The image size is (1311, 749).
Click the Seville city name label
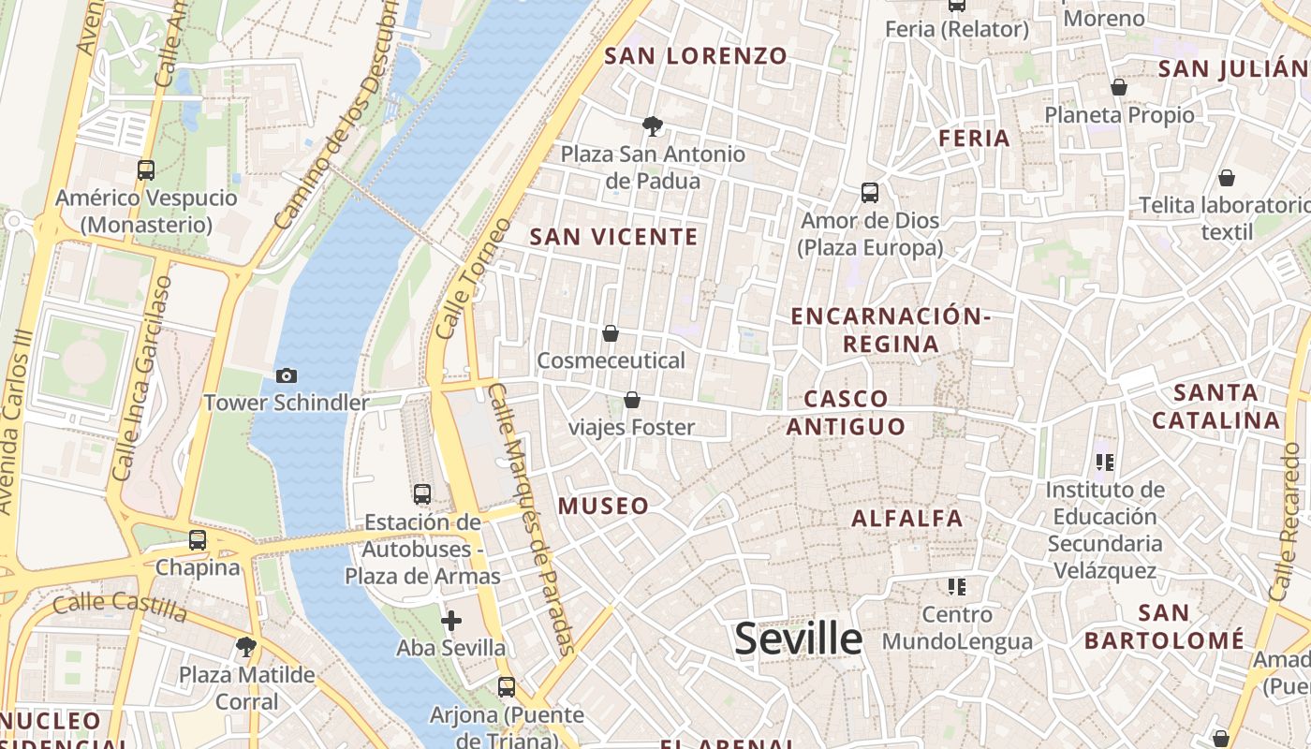coord(798,639)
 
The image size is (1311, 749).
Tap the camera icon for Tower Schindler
coord(287,375)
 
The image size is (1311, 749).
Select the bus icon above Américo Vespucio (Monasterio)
coord(146,170)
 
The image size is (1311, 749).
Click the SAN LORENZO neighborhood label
coord(696,56)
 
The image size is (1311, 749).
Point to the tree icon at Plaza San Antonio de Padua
coord(653,125)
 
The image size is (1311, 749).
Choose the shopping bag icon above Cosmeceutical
coord(611,332)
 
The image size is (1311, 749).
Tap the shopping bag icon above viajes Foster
coord(632,400)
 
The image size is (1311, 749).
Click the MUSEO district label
coord(604,507)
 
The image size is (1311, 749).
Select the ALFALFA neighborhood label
coord(907,518)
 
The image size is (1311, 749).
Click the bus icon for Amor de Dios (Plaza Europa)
coord(870,193)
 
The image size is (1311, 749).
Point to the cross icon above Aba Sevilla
coord(451,620)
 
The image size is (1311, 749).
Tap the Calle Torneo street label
coord(474,279)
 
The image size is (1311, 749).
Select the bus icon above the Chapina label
coord(198,540)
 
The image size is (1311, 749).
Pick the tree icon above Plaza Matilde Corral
coord(247,646)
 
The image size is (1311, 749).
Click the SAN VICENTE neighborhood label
coord(614,237)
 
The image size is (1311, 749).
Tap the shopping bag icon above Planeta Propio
coord(1119,87)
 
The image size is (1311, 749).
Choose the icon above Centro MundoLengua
coord(956,587)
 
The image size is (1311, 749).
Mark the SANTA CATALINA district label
coord(1215,406)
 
